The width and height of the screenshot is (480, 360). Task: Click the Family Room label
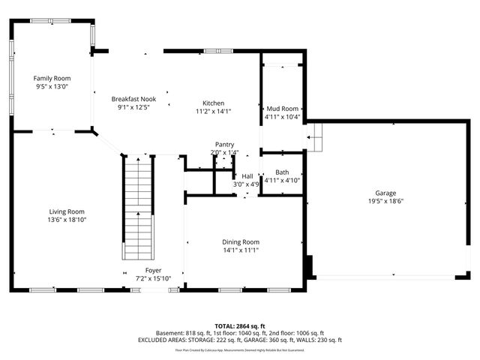pos(51,78)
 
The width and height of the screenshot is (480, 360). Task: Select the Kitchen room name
pos(213,103)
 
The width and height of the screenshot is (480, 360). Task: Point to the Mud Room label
pos(282,108)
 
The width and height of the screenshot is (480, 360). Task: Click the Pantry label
pos(224,145)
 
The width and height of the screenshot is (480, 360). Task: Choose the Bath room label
pos(282,172)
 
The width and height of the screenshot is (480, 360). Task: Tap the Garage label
pos(386,193)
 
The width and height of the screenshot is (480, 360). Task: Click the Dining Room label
pos(240,241)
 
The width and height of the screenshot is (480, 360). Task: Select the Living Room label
pos(67,211)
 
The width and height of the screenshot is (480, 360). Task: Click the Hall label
pos(247,176)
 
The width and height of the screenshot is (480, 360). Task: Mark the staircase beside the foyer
pos(138,206)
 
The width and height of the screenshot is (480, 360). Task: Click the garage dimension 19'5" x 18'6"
pos(386,201)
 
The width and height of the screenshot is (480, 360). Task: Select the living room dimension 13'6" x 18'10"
pos(67,220)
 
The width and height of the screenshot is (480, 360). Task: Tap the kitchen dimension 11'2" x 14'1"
pos(213,111)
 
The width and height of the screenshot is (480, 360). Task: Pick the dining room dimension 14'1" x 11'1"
pos(240,250)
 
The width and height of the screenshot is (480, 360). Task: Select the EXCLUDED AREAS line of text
pos(240,340)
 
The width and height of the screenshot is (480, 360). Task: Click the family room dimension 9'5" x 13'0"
pos(51,86)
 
